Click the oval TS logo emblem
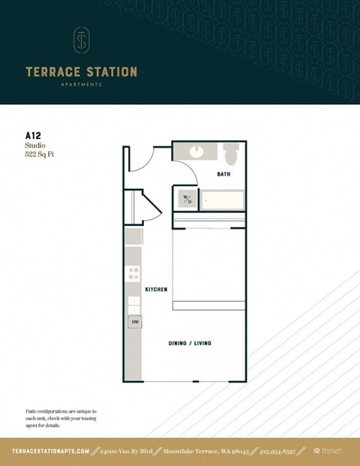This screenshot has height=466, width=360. [81, 41]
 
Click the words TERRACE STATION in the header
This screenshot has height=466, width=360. [81, 72]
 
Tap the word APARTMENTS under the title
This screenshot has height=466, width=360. [81, 85]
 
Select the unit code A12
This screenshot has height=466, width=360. [33, 136]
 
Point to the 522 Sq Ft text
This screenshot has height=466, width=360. [40, 155]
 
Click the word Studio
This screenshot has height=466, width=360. [35, 146]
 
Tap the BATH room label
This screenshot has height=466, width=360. [223, 174]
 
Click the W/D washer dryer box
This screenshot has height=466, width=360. [187, 200]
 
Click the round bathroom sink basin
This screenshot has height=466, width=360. [196, 150]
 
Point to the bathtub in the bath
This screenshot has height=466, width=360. [223, 200]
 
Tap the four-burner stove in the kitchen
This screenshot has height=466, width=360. [133, 274]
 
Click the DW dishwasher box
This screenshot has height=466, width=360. [135, 322]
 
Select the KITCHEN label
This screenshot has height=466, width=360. [156, 289]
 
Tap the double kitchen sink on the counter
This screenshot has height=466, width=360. [133, 305]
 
